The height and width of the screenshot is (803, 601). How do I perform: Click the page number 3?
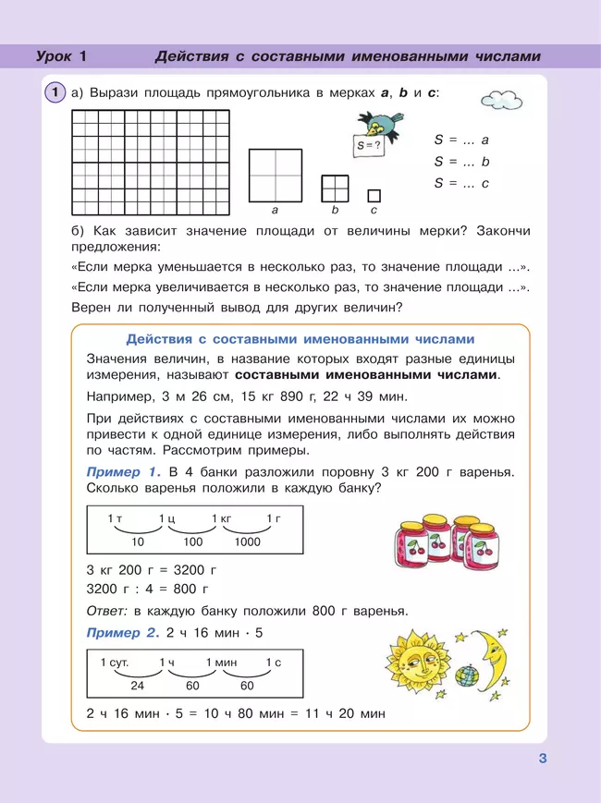pyautogui.click(x=543, y=760)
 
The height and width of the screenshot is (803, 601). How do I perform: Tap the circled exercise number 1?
pyautogui.click(x=55, y=92)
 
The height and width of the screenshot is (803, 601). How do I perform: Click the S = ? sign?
pyautogui.click(x=370, y=146)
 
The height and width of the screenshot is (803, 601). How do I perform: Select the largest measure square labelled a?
pyautogui.click(x=275, y=175)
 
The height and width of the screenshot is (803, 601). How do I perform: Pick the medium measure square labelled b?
pyautogui.click(x=335, y=188)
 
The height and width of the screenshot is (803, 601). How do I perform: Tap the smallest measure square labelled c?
pyautogui.click(x=374, y=195)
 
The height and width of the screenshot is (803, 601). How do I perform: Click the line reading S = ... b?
pyautogui.click(x=461, y=161)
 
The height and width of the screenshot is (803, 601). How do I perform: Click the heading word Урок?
pyautogui.click(x=54, y=56)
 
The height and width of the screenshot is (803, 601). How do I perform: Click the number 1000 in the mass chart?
pyautogui.click(x=247, y=542)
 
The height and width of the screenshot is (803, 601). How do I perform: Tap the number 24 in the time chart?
pyautogui.click(x=137, y=687)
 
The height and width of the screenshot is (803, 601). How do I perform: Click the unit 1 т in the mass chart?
pyautogui.click(x=115, y=518)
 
